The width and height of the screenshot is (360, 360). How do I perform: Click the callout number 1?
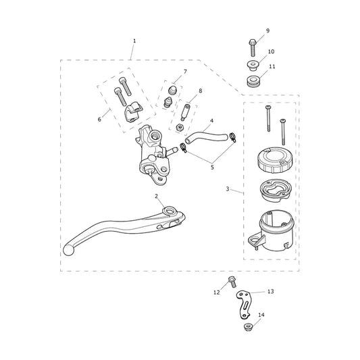tap(134, 41)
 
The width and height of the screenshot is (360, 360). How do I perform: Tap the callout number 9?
tap(267, 31)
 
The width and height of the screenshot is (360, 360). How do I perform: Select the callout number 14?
tap(261, 315)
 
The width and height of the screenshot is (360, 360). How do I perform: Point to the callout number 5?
tap(212, 167)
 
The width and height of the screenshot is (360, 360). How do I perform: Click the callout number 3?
tap(228, 189)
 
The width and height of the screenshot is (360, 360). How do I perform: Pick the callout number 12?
tap(217, 292)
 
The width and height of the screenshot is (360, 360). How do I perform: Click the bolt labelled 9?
tap(253, 47)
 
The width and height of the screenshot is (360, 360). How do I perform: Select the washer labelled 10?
tap(253, 66)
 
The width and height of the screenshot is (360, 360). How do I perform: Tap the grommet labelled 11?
tap(253, 82)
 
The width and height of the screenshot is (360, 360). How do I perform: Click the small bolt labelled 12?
tap(232, 282)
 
